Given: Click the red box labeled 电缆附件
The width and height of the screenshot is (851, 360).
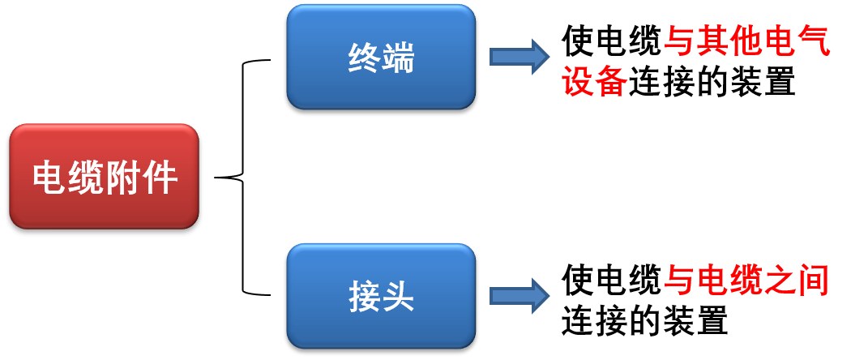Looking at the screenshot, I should (104, 176).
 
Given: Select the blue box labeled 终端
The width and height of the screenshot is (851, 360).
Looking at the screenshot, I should (381, 57).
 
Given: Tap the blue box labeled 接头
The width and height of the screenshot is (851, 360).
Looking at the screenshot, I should (381, 296).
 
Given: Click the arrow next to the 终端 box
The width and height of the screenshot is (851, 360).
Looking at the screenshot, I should (520, 57).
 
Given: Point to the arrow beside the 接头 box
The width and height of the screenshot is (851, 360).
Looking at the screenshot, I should (520, 296).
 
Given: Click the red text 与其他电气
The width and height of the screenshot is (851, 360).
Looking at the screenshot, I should (747, 41).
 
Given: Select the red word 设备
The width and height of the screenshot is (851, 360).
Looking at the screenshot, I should (595, 82).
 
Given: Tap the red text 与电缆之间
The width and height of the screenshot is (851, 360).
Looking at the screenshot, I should (747, 281).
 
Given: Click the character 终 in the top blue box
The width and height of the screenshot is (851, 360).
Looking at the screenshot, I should (365, 58).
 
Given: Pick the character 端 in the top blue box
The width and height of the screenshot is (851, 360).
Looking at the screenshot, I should (398, 58).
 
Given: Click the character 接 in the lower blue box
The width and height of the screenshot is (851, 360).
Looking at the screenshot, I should (365, 297).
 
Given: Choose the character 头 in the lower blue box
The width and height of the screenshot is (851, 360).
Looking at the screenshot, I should (398, 297).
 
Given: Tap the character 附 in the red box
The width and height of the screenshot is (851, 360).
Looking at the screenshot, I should (122, 178).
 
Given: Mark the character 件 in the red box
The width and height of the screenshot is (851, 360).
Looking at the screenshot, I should (159, 178).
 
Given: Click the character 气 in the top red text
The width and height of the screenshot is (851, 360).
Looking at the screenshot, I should (814, 41).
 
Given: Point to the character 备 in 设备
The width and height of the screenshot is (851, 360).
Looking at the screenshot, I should (612, 82).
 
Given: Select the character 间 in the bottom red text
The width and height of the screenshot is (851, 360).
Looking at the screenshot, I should (814, 281).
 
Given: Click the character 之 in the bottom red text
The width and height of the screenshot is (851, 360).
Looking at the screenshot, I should (780, 281).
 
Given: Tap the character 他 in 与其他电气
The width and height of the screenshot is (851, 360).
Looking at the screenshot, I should (747, 41).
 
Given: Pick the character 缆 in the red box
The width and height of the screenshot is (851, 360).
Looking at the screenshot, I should (86, 178).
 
